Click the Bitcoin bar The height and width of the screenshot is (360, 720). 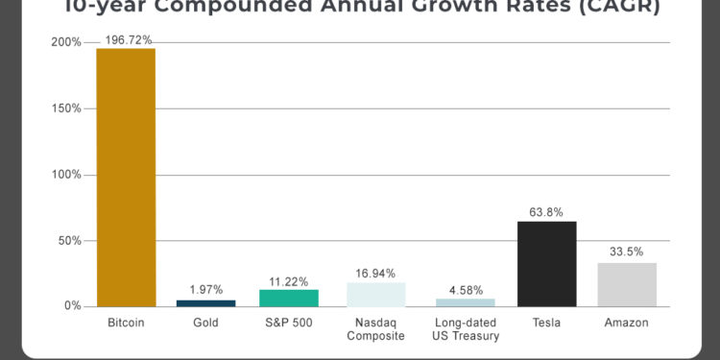[x=125, y=178]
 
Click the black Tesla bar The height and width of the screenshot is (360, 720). [x=546, y=264]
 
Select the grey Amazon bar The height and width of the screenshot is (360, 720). [x=627, y=284]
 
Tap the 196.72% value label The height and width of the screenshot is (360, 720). [x=125, y=39]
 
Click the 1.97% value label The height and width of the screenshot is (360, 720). [x=205, y=290]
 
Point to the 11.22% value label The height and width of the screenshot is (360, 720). [x=288, y=280]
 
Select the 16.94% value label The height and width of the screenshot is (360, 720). [x=375, y=274]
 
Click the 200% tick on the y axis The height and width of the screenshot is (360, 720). [x=67, y=43]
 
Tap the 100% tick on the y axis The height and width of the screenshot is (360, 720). [x=67, y=175]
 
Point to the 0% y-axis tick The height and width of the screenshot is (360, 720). [x=73, y=306]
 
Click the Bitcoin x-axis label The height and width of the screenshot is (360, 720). [x=125, y=324]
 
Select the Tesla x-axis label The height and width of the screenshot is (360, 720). [x=546, y=324]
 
